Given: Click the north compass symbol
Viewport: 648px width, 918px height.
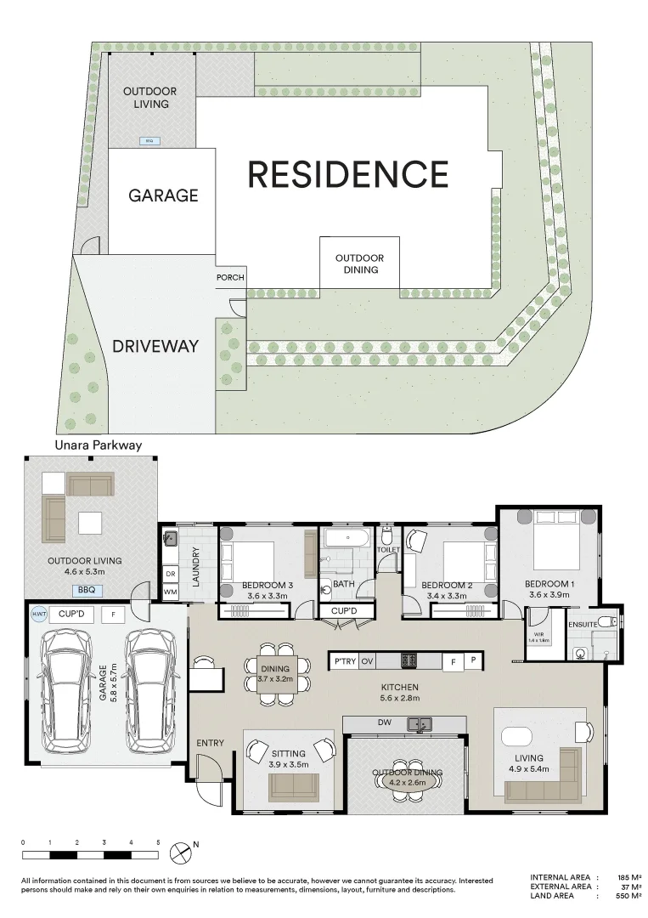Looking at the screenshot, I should coord(179,851).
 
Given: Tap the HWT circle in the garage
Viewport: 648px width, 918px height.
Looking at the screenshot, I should coord(38,614).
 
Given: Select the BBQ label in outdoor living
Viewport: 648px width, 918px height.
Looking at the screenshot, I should coord(86,590).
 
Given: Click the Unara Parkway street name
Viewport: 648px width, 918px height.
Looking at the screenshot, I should coord(98,445).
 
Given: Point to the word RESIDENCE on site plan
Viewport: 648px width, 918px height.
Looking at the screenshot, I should coord(347,174).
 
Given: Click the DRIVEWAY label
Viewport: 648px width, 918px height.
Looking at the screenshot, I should coord(155,346).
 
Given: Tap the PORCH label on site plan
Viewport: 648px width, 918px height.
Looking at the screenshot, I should coord(230,277).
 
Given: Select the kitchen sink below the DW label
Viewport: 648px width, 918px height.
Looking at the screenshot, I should coord(420,725).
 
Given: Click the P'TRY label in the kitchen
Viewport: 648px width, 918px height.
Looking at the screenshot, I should coord(344,660).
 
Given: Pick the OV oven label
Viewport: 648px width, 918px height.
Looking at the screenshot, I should coord(368,660).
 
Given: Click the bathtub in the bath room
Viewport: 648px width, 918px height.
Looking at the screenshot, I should coord(347,538).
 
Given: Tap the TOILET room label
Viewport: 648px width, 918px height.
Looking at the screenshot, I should coord(388,550).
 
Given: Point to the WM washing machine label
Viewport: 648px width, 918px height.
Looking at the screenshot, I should coord(170,592).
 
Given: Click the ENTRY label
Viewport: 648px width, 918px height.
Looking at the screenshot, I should coord(210,743).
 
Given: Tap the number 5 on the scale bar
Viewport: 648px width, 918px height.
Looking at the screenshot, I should coord(158,841).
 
